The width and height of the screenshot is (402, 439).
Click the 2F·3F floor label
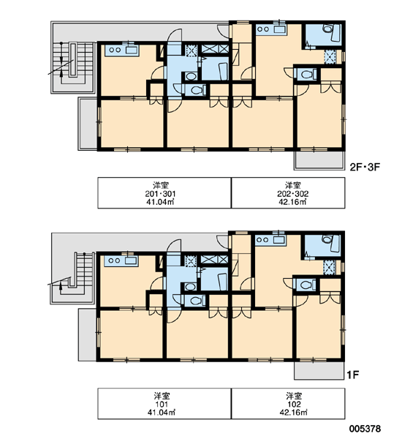pos(365,167)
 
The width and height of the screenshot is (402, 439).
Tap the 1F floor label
pos(353,375)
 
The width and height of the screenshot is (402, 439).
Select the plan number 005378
pos(365,428)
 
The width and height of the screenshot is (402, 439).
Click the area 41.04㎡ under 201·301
pos(160,202)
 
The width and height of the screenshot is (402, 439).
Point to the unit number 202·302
pos(293,194)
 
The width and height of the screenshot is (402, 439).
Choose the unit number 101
pos(162,405)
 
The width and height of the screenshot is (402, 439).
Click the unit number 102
pos(294,405)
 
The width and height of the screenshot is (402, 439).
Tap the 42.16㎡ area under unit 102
pos(293,413)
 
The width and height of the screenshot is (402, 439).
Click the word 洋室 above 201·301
pos(161,185)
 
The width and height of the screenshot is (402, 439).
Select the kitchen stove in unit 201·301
pos(115,50)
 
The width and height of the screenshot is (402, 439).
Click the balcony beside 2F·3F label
pos(319,160)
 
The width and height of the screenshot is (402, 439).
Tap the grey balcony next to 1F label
pos(319,371)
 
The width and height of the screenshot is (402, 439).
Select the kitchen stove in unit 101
pos(114,260)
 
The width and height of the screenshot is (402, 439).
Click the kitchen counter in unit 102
pos(270,240)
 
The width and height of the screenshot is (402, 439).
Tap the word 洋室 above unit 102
pos(294,396)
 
